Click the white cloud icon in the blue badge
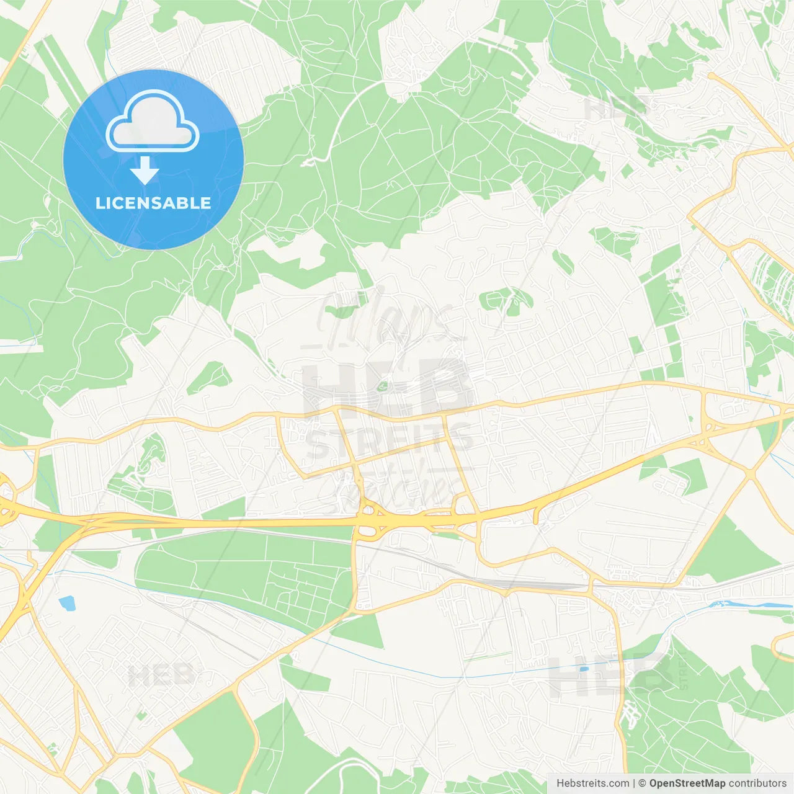coord(153,122)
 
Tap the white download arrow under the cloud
coord(145,171)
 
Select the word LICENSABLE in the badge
coord(153,203)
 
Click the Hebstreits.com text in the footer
coord(592,783)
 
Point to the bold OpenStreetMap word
coord(687,783)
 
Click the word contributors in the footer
coord(757,783)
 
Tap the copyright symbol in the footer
coord(642,783)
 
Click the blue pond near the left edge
coord(66,602)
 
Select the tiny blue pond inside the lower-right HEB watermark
coord(582,669)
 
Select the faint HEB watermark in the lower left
coord(160,675)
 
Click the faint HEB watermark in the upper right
coord(617,109)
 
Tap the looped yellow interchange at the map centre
coord(368,520)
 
